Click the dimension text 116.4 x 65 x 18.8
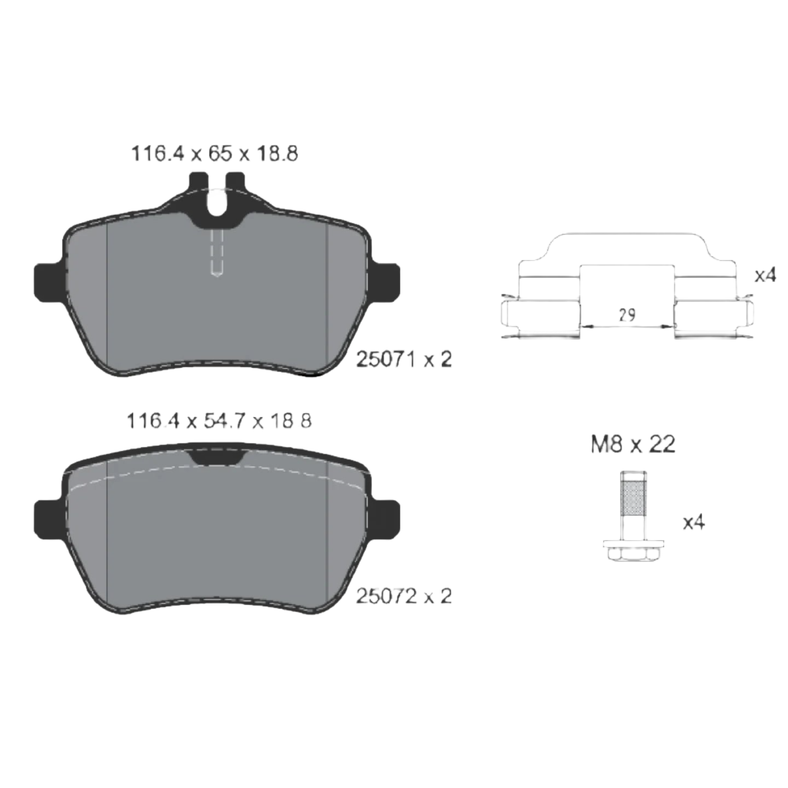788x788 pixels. click(215, 154)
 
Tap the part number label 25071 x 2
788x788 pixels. click(404, 360)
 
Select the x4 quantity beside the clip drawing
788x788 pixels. click(764, 275)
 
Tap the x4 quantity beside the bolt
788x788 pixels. click(694, 523)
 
